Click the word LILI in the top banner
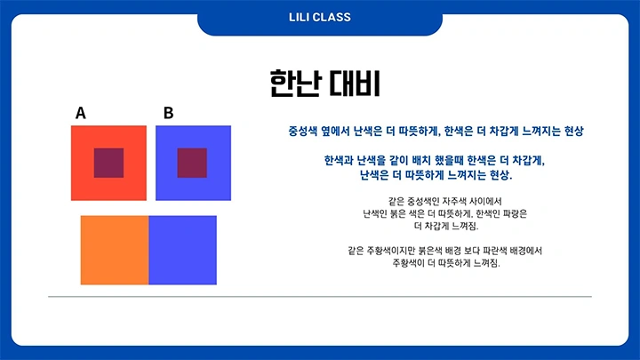coord(301,17)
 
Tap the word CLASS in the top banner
coord(333,17)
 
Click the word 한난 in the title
coord(293,84)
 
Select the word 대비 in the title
coord(355,84)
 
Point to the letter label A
coord(81,113)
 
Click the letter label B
coord(169,113)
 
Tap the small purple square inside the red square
coord(108,163)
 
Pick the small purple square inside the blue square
coord(192,163)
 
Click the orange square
coord(114,250)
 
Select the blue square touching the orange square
coord(182,250)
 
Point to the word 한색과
coord(340,161)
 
